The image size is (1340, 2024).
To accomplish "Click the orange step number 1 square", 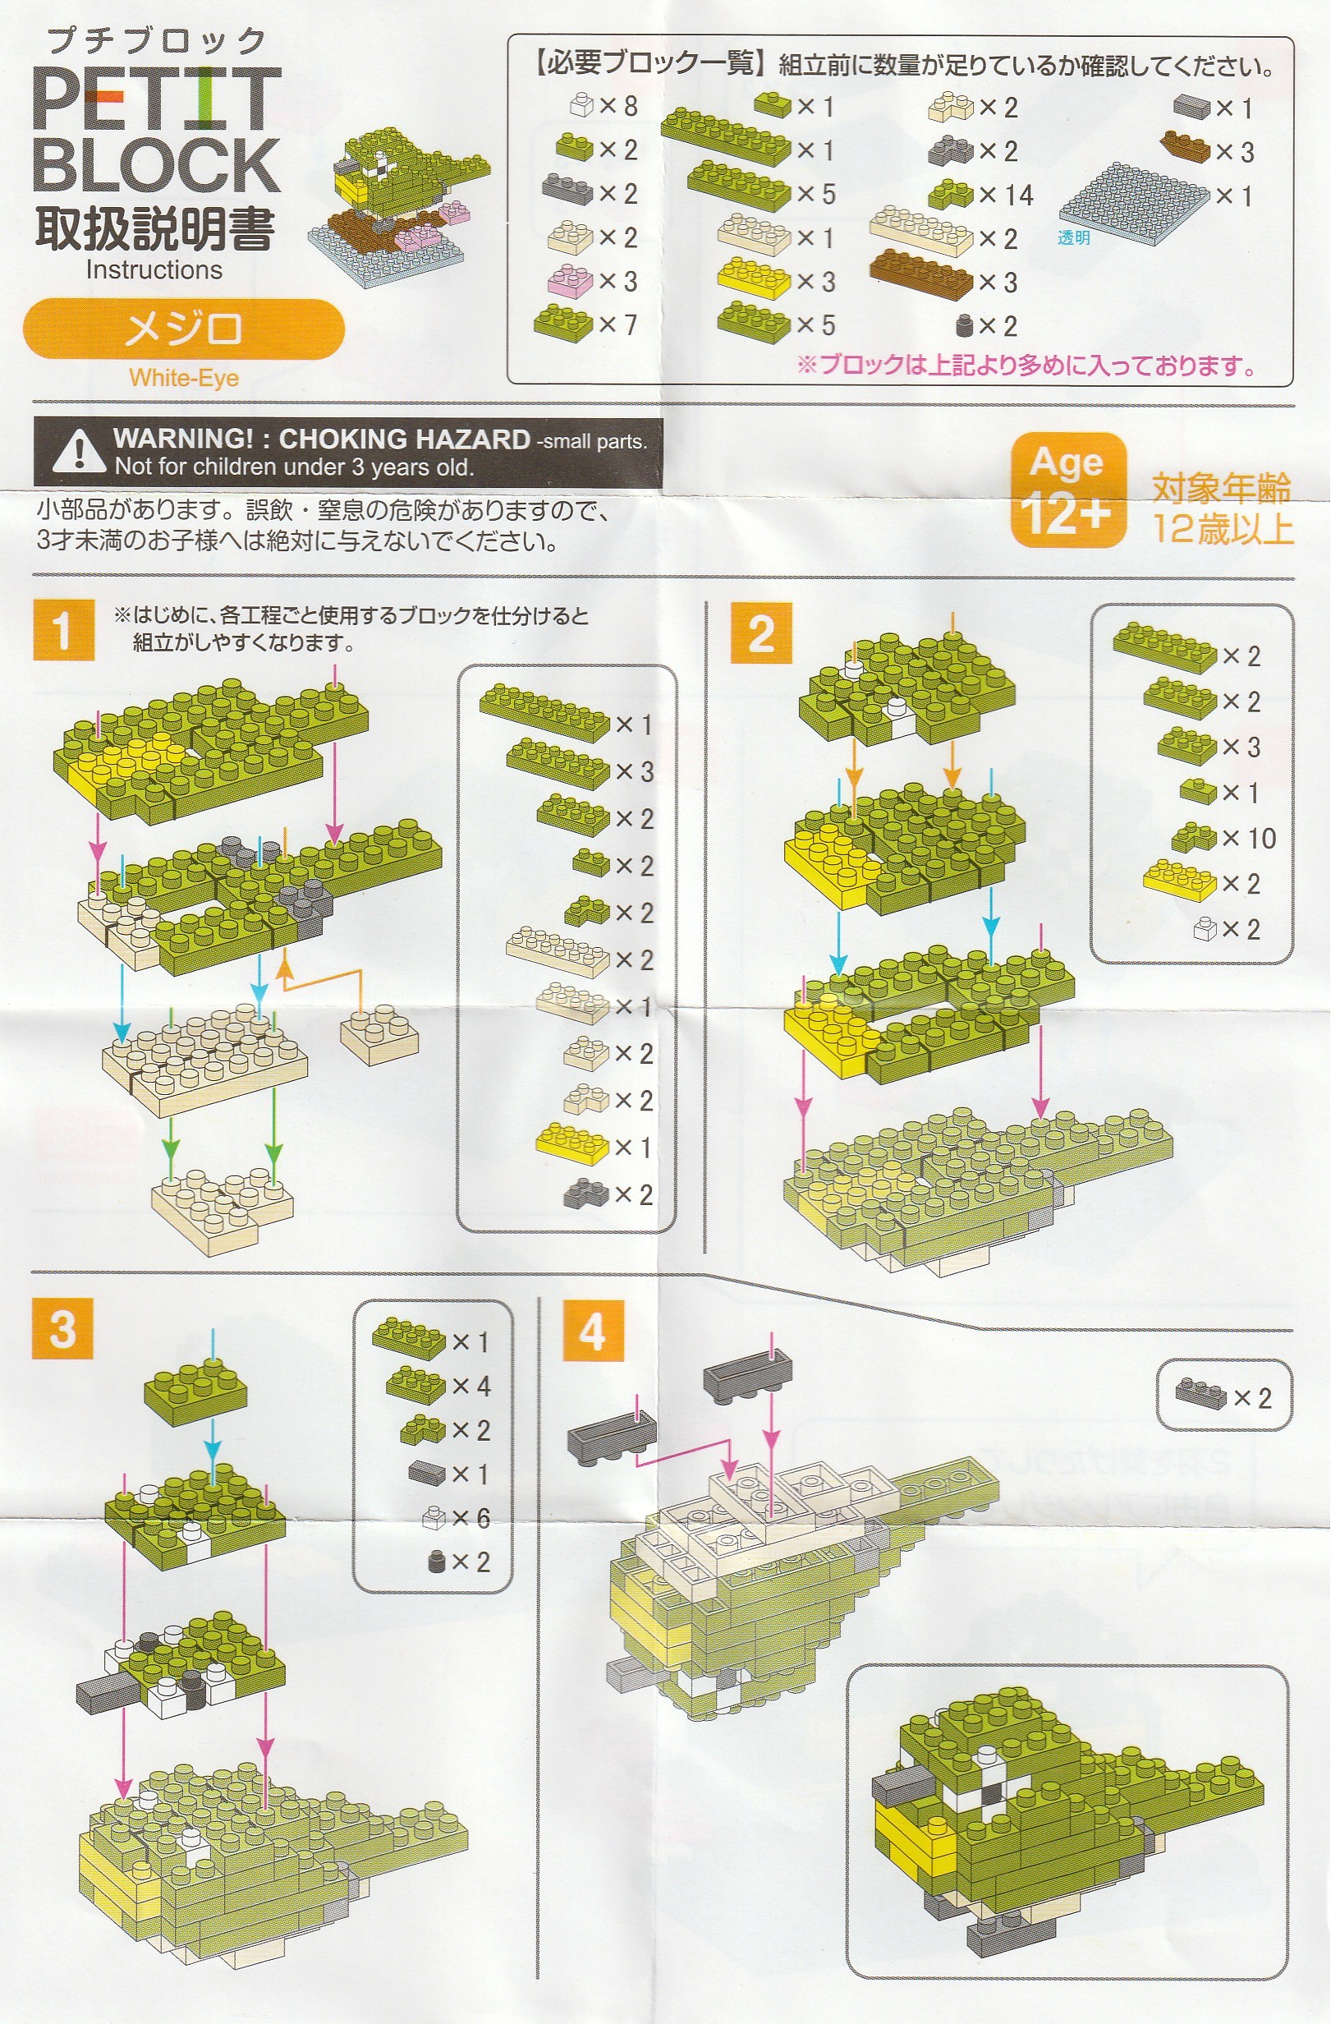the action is point(63,629).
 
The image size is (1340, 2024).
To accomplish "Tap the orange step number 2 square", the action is point(760,632).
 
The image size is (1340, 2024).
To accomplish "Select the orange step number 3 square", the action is point(63,1327).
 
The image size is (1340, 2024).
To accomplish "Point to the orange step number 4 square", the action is point(593,1330).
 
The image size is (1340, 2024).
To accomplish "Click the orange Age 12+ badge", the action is point(1067,490).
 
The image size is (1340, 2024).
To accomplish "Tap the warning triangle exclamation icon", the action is point(79,451).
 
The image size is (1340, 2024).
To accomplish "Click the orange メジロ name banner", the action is point(183,329).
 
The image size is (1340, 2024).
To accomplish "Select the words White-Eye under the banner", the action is point(184,378).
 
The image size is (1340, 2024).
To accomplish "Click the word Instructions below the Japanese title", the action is point(154,270).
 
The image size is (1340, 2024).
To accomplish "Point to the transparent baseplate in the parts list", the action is point(1134,203).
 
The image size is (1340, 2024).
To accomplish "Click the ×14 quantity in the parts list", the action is point(1006,195).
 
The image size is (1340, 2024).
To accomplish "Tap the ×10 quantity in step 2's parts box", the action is point(1249,839).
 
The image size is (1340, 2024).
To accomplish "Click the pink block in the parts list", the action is point(569,280).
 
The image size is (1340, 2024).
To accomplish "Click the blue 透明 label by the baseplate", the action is point(1073,237).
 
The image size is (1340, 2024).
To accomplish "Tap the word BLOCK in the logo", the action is point(156,164).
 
